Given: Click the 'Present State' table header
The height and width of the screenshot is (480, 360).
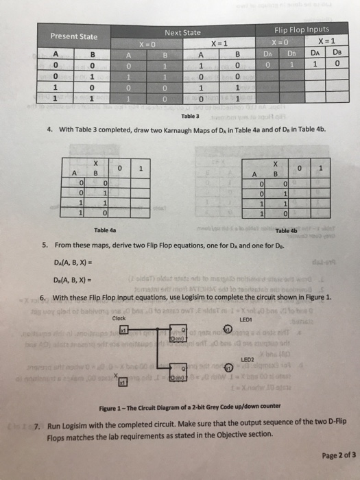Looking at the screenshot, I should tap(73, 36).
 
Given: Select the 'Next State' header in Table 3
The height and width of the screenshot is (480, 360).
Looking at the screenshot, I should tap(183, 32).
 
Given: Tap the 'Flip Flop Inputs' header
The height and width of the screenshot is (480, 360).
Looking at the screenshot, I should tap(302, 29).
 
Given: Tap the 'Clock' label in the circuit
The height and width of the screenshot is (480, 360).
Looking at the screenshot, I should tap(119, 317).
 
